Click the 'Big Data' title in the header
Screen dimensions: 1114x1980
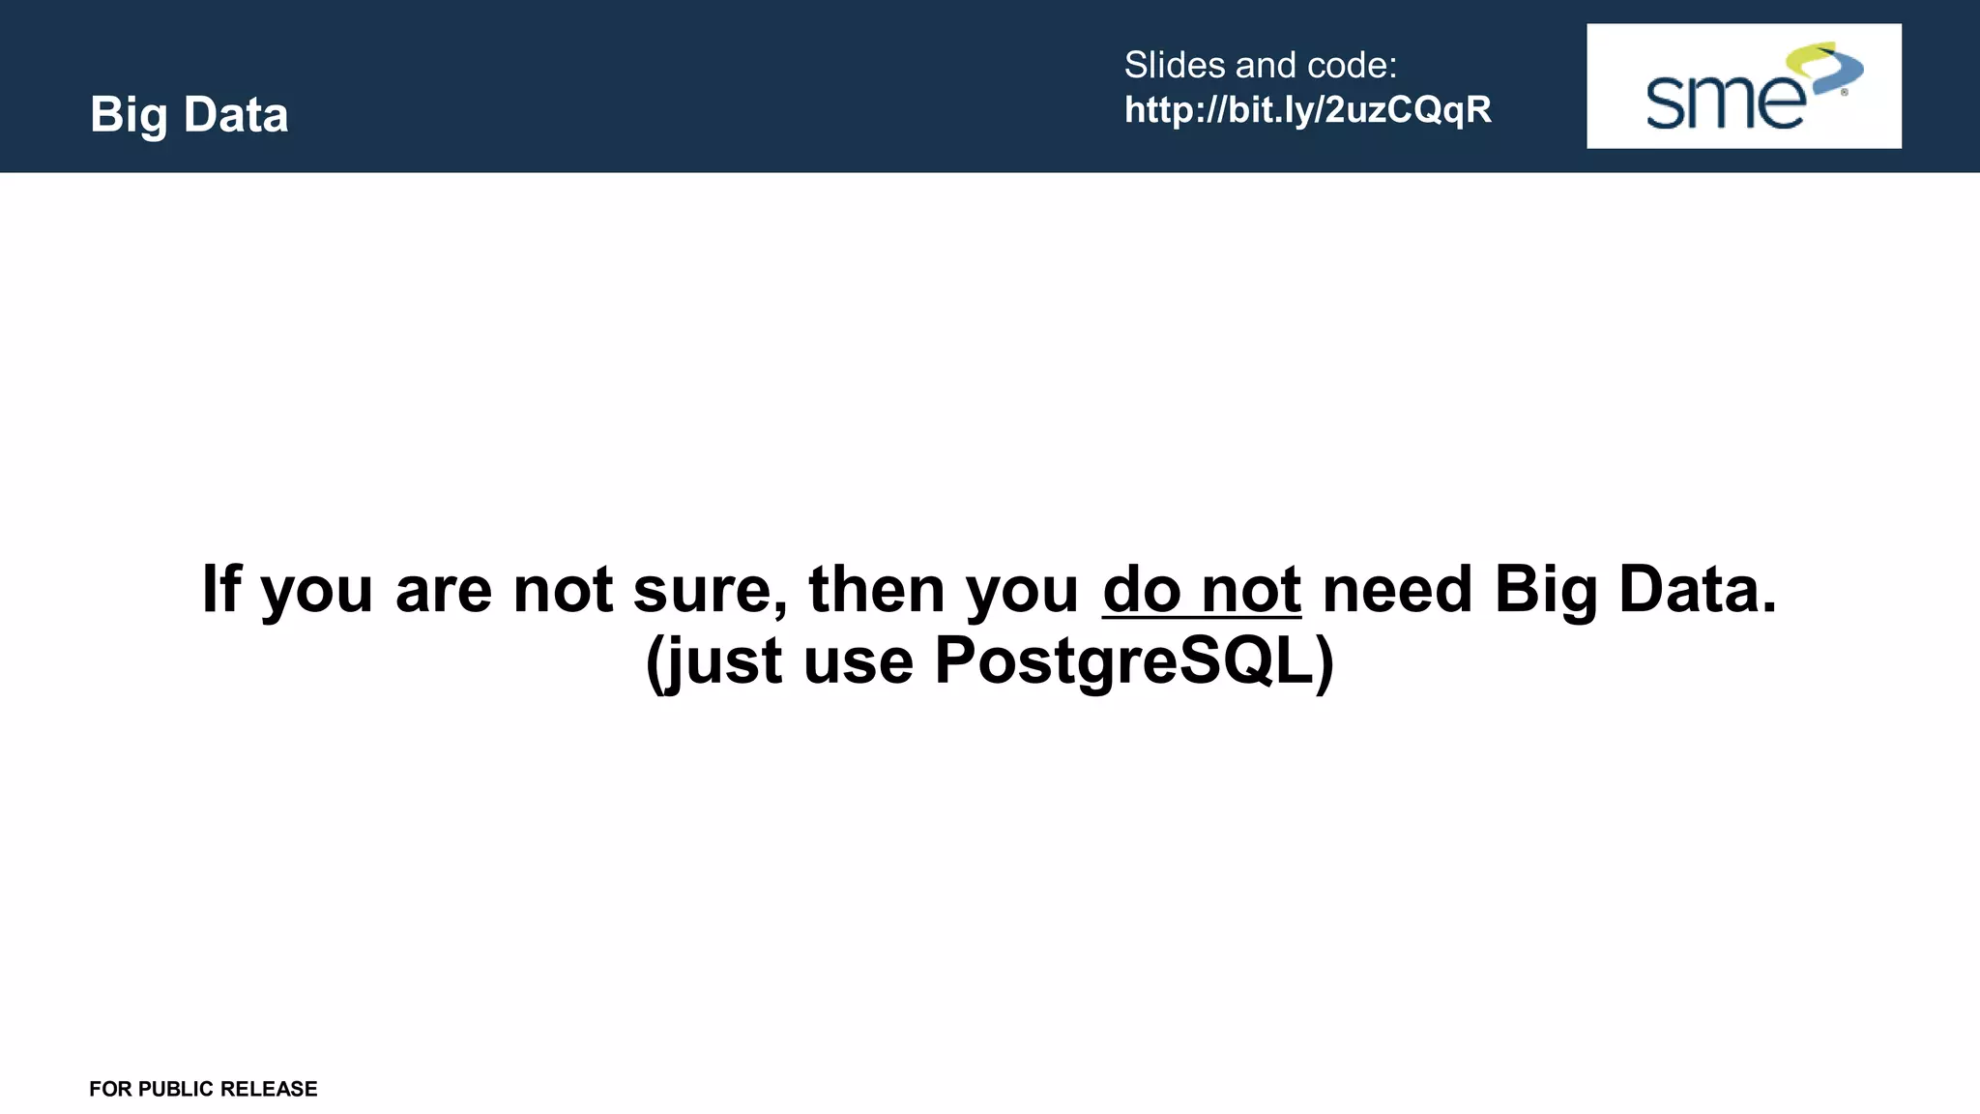(x=189, y=115)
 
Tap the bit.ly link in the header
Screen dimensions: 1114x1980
(x=1307, y=110)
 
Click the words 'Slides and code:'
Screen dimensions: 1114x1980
(x=1260, y=66)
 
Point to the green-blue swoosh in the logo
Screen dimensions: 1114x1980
(x=1826, y=68)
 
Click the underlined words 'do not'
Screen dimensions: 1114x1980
(x=1201, y=589)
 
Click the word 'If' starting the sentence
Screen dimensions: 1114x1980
(x=219, y=589)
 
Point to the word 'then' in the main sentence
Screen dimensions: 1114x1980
(x=876, y=589)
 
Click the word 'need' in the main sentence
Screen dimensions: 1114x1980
(x=1396, y=589)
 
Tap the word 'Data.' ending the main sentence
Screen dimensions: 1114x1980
(x=1697, y=589)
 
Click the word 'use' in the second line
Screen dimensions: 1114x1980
(x=858, y=661)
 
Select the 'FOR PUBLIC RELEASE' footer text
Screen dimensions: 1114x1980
(x=203, y=1089)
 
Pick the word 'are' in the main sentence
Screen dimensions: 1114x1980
(x=444, y=589)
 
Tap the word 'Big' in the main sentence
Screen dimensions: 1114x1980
(x=1545, y=589)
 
